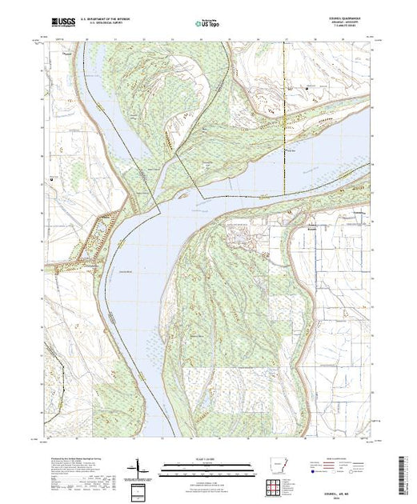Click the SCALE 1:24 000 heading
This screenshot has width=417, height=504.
click(207, 458)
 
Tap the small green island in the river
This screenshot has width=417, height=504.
click(186, 193)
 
